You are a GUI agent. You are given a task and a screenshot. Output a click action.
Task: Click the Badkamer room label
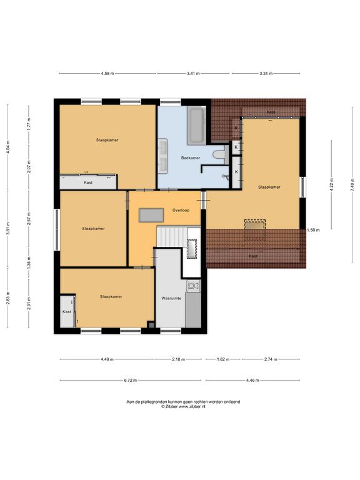click(191, 158)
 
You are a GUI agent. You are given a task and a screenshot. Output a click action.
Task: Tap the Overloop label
click(181, 210)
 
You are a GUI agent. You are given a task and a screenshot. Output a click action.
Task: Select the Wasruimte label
click(171, 298)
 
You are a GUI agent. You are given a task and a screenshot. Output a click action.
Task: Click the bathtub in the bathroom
click(196, 126)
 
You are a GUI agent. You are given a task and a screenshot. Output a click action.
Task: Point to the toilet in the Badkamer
click(220, 154)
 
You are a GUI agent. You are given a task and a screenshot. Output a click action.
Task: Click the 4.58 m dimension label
click(107, 74)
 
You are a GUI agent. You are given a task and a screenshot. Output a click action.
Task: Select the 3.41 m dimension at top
click(193, 74)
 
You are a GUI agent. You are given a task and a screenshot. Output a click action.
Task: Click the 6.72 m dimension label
click(131, 380)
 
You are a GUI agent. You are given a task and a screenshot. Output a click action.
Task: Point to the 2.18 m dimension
click(179, 359)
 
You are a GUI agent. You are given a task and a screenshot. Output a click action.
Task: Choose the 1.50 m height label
click(313, 230)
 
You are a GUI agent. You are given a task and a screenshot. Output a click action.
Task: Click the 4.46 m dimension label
click(252, 380)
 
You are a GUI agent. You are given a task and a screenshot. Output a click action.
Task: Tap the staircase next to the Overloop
click(171, 236)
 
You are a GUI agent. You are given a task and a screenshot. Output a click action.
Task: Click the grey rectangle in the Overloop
click(151, 215)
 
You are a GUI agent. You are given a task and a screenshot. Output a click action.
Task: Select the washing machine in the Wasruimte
click(194, 286)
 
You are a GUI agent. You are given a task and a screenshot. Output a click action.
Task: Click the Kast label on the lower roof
click(253, 256)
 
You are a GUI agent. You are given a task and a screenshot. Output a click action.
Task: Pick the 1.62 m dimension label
click(223, 359)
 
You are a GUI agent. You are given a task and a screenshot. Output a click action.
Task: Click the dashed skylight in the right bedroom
click(255, 225)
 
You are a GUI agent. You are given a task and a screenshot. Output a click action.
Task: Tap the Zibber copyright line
click(183, 406)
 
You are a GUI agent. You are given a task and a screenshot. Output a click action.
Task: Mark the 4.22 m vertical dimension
click(331, 184)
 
